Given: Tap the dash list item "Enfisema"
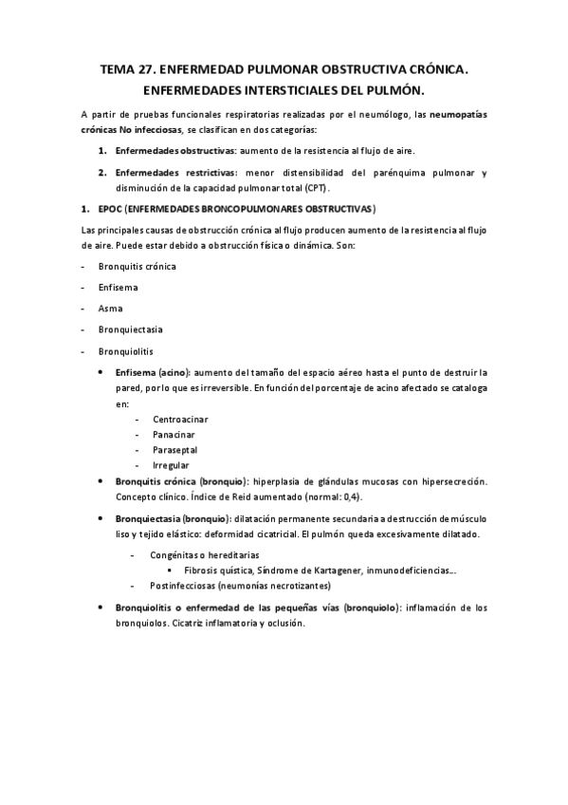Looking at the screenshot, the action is coord(118,288).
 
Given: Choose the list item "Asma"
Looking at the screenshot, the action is coord(110,309).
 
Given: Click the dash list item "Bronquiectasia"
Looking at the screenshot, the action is coord(130,329).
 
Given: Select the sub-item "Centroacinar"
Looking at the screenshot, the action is coord(179,419).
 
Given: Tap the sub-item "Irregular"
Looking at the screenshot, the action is coord(171,464).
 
